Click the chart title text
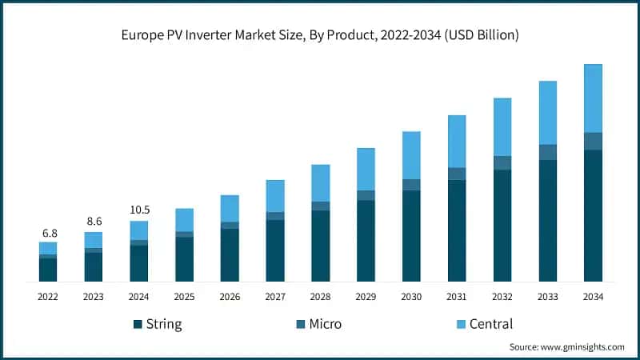point(319,34)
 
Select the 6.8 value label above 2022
point(49,233)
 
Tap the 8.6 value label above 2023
point(94,220)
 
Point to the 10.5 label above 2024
point(139,210)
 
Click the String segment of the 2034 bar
point(593,216)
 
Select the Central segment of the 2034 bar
point(593,98)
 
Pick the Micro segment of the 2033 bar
point(547,152)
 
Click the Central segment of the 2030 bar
point(411,155)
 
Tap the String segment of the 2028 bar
point(321,246)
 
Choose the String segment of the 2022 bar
point(49,270)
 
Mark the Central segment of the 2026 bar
point(230,208)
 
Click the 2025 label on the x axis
point(185,297)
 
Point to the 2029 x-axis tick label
point(366,297)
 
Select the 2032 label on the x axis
point(502,297)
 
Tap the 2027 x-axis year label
point(275,297)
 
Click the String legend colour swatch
point(138,324)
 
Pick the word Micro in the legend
point(326,324)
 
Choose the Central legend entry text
point(491,324)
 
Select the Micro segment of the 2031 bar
point(457,174)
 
